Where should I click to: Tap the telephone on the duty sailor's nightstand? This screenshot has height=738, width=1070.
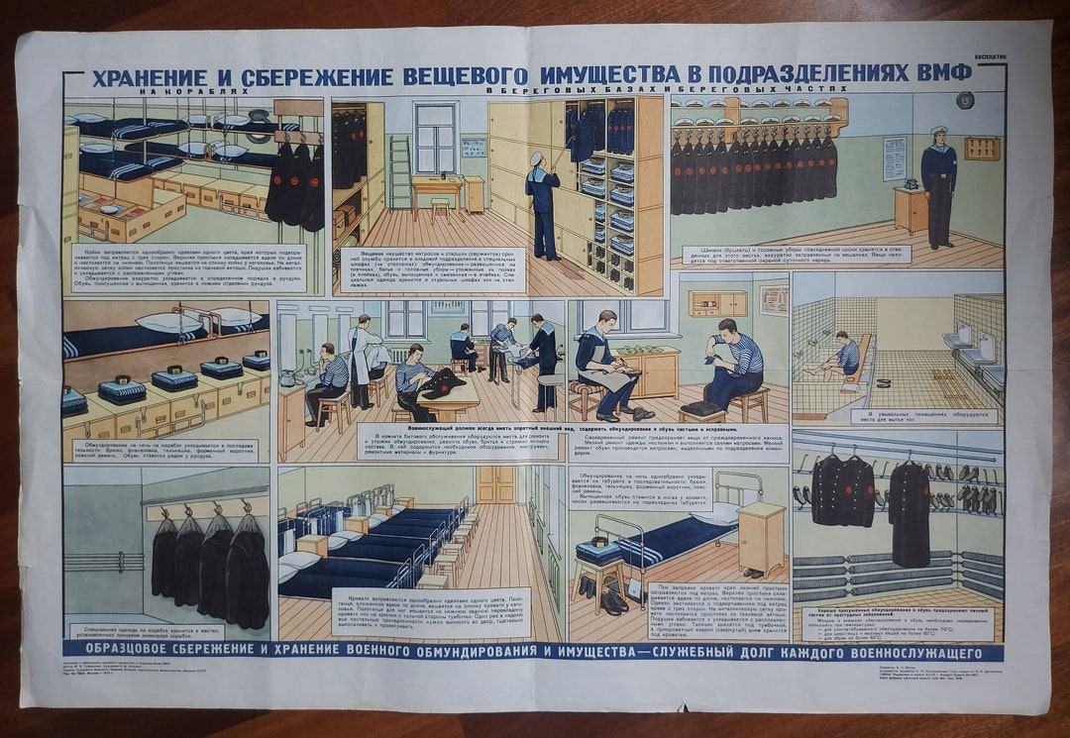tap(909, 183)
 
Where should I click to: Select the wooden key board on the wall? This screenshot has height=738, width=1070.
tap(982, 148)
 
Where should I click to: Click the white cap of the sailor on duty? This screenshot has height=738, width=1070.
tap(938, 130)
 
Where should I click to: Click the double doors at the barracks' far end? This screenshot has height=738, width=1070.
tap(496, 483)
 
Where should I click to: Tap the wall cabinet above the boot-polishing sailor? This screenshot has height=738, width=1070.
tap(718, 302)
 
